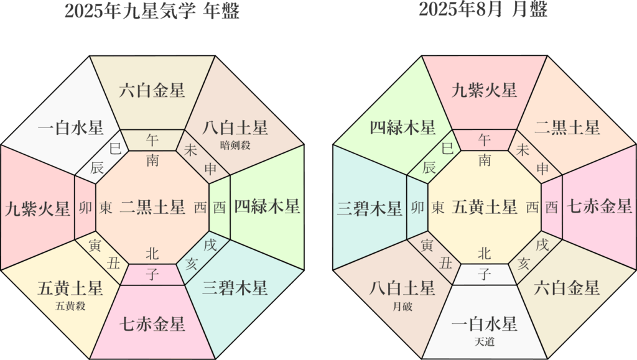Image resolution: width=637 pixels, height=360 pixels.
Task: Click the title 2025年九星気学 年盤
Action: click(x=152, y=10)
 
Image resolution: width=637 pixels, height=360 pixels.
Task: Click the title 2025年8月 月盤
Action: click(x=483, y=10)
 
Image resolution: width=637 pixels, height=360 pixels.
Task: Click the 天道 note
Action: click(x=484, y=341)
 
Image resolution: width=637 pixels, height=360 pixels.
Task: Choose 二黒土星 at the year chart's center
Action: click(x=152, y=206)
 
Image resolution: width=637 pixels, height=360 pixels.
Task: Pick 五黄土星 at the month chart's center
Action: click(x=484, y=206)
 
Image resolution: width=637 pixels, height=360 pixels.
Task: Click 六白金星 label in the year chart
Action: click(x=152, y=90)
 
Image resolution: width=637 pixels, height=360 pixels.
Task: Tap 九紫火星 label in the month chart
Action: click(x=484, y=90)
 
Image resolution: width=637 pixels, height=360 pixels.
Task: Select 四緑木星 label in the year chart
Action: click(x=267, y=206)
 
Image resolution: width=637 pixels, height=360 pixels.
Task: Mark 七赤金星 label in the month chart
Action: click(x=599, y=206)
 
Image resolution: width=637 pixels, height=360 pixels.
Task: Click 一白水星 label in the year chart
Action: click(x=70, y=127)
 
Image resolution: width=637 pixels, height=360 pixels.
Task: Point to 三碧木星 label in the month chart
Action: click(x=369, y=209)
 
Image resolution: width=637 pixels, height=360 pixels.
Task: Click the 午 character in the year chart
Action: click(x=152, y=139)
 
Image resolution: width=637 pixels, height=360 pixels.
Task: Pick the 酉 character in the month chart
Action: click(x=552, y=208)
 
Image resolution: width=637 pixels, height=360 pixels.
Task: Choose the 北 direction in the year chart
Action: click(x=152, y=252)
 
